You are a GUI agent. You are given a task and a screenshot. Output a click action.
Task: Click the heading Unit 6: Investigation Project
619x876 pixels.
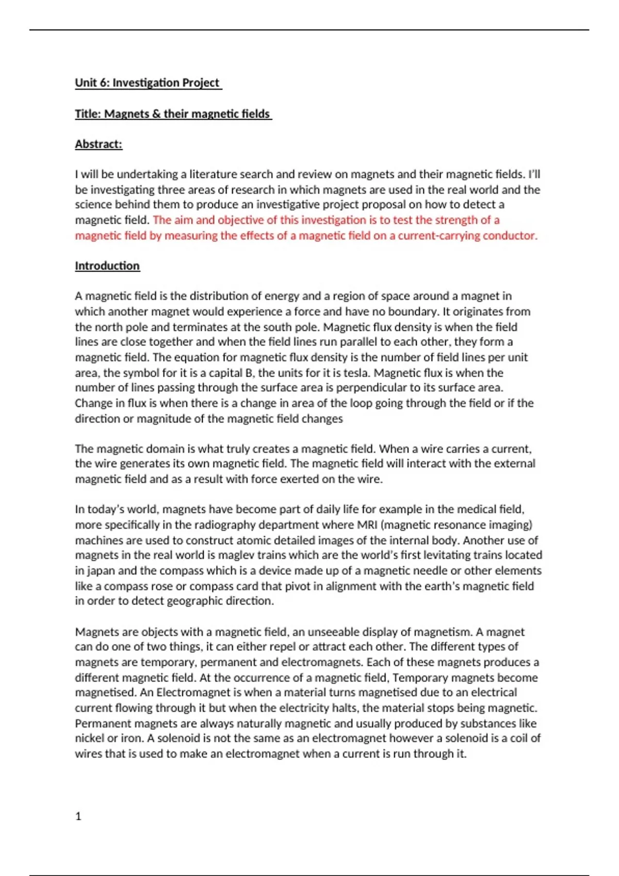click(148, 83)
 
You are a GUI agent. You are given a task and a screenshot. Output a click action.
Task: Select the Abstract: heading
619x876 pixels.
click(99, 144)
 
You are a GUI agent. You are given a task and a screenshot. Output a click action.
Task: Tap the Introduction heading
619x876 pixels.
click(107, 266)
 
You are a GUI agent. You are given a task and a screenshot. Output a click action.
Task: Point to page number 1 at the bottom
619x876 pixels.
click(78, 816)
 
